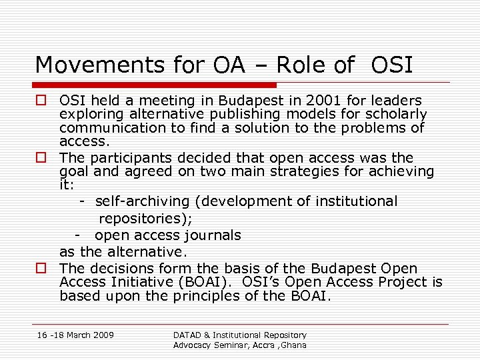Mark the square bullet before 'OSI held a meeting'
pyautogui.click(x=41, y=101)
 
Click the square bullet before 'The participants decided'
pyautogui.click(x=41, y=159)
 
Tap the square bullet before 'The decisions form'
pyautogui.click(x=41, y=269)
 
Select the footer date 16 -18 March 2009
pyautogui.click(x=75, y=335)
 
